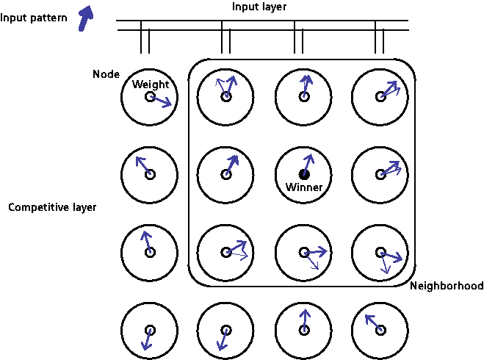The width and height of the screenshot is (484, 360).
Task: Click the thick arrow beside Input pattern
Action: tap(87, 15)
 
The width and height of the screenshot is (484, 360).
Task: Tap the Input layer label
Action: tap(259, 7)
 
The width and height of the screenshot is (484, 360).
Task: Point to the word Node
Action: tap(106, 74)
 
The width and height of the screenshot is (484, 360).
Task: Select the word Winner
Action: tap(304, 187)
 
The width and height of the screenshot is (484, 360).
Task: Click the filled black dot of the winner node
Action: tap(304, 174)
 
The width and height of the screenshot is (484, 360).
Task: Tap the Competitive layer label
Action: tap(52, 208)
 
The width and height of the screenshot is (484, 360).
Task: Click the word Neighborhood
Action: tap(447, 286)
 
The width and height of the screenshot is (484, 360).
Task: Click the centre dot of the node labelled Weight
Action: tap(150, 96)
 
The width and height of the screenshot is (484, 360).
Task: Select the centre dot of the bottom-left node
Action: tap(150, 330)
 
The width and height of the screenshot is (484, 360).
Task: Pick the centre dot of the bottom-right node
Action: tap(380, 330)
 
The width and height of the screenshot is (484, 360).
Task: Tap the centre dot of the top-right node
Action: tap(380, 96)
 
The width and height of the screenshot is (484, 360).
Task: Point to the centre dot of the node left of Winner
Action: tap(226, 174)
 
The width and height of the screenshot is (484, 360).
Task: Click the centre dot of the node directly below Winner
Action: tap(304, 252)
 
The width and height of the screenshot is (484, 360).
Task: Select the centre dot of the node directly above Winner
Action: tap(304, 96)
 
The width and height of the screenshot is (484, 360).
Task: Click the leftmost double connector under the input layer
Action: tap(145, 40)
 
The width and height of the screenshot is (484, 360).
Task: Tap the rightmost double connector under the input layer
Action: tap(379, 40)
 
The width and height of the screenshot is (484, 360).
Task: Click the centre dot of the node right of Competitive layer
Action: tap(150, 252)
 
